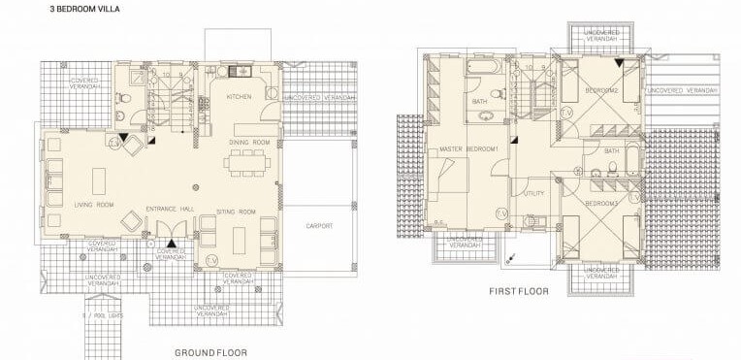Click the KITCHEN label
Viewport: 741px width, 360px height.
[240, 97]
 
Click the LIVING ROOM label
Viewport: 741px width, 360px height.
[93, 205]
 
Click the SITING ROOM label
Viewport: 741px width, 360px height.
[235, 210]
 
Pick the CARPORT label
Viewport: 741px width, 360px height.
[319, 225]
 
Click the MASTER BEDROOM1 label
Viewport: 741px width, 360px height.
[470, 148]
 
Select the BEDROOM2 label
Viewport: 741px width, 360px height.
[601, 90]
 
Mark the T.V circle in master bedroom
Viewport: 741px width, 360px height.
[501, 213]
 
